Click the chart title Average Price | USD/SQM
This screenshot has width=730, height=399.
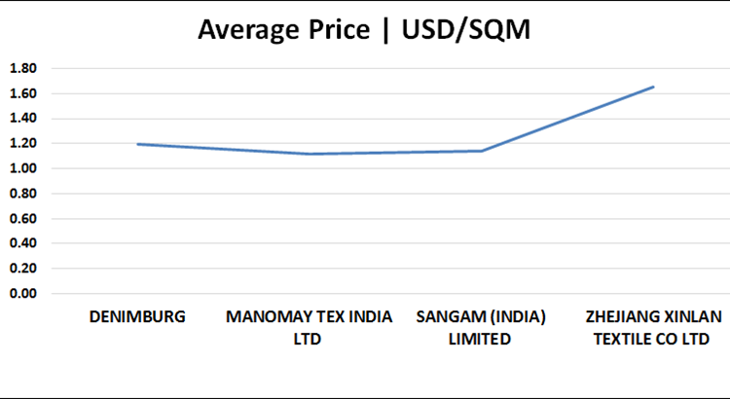[364, 30]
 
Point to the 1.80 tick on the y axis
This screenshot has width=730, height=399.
[22, 68]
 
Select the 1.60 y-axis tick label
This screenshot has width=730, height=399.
[22, 93]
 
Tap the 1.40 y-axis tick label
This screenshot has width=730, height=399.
[22, 119]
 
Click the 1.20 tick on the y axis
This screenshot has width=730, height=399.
[22, 143]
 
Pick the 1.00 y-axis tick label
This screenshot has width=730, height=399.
[22, 168]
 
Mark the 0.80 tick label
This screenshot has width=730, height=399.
[22, 194]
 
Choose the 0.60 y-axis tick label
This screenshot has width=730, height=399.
[22, 218]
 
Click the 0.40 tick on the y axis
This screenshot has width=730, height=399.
[22, 243]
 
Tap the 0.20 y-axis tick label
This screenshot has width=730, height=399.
[22, 269]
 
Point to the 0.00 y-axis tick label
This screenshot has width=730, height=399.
[22, 293]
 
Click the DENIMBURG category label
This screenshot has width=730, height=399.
[137, 317]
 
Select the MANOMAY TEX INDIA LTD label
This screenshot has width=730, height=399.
[309, 328]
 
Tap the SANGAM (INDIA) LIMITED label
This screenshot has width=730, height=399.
[481, 328]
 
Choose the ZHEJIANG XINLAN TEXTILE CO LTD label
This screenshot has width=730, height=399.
[653, 328]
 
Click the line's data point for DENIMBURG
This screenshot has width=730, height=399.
[137, 144]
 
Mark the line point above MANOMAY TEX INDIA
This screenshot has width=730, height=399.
[309, 154]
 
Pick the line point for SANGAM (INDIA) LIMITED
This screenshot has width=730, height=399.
[481, 151]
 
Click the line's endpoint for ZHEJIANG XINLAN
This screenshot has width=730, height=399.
[653, 87]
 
